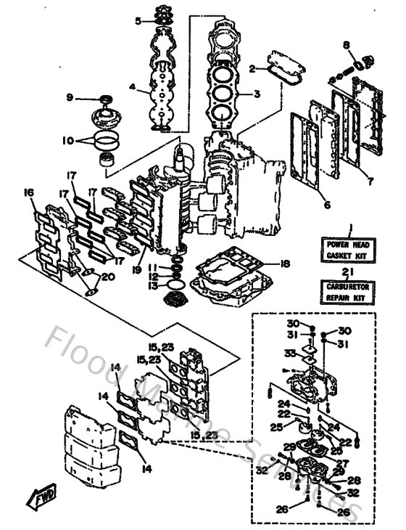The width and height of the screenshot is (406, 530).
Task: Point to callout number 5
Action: click(x=138, y=21)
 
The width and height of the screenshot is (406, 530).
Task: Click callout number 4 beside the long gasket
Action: click(x=133, y=87)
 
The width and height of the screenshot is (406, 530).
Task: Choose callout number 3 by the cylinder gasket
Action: click(x=257, y=94)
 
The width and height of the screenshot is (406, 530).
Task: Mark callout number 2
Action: click(x=252, y=69)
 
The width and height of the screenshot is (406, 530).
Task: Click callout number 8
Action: click(x=347, y=45)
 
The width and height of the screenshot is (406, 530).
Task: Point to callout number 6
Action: click(x=326, y=205)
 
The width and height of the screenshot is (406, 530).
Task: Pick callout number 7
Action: click(x=370, y=180)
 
